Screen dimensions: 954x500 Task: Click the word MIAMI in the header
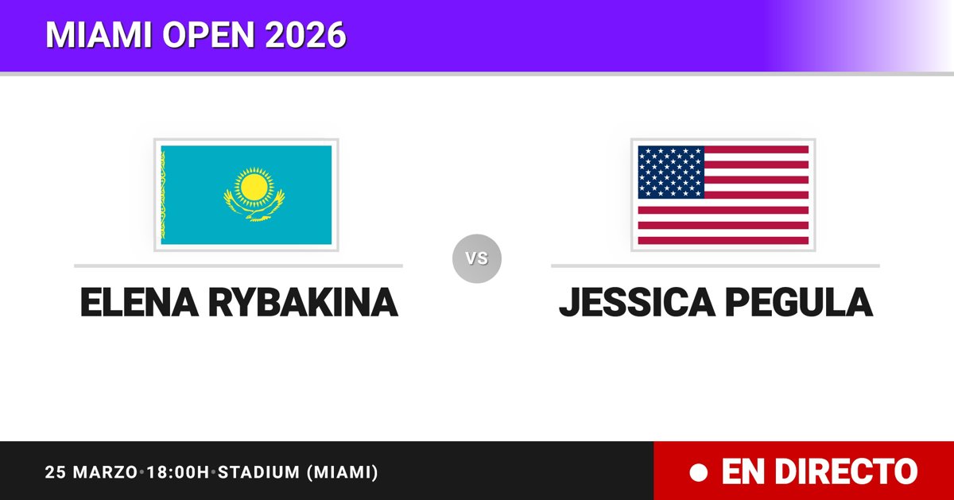pyautogui.click(x=99, y=34)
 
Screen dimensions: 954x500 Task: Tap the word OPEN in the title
pyautogui.click(x=208, y=34)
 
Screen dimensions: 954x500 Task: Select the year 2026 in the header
pyautogui.click(x=306, y=34)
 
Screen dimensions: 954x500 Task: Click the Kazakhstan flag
pyautogui.click(x=246, y=195)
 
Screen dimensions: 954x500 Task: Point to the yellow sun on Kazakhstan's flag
pyautogui.click(x=254, y=188)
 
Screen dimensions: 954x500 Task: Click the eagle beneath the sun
pyautogui.click(x=254, y=207)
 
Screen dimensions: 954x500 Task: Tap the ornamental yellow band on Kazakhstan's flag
pyautogui.click(x=163, y=195)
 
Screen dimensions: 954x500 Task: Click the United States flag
pyautogui.click(x=723, y=195)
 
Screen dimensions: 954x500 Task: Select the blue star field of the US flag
pyautogui.click(x=671, y=172)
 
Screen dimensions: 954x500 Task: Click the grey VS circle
pyautogui.click(x=477, y=258)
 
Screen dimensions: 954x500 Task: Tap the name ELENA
pyautogui.click(x=140, y=302)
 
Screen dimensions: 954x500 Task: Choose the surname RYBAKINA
pyautogui.click(x=303, y=302)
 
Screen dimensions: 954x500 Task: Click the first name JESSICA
pyautogui.click(x=637, y=302)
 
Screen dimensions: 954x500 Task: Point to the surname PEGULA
pyautogui.click(x=799, y=302)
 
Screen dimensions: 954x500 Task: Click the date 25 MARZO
pyautogui.click(x=91, y=472)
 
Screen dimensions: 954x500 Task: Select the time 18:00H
pyautogui.click(x=178, y=472)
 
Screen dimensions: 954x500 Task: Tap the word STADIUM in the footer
pyautogui.click(x=259, y=472)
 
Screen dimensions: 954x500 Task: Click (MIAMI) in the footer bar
pyautogui.click(x=343, y=472)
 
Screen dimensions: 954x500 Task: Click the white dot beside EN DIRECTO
pyautogui.click(x=699, y=472)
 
